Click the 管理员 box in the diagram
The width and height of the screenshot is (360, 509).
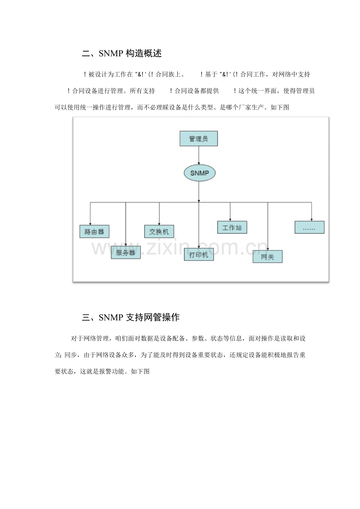198,138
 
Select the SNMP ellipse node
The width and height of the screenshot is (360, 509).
200,173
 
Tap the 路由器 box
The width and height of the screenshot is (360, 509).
94,231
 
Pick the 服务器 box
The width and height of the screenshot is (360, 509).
126,253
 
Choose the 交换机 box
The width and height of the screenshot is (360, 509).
159,231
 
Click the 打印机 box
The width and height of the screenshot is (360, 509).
199,254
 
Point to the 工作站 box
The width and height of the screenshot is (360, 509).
232,227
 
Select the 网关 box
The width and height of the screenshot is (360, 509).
267,256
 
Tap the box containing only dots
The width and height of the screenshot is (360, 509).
310,227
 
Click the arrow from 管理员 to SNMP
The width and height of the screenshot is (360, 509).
199,155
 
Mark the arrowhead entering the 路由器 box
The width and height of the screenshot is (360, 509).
90,224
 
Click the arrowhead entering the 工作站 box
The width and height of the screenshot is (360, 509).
230,220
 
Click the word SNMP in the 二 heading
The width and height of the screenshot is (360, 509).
111,54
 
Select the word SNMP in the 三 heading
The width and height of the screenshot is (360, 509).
111,317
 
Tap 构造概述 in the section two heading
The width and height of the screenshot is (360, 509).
144,54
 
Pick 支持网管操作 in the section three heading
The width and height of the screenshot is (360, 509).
153,317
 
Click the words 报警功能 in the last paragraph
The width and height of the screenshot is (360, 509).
112,371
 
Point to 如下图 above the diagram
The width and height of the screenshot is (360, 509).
280,107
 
